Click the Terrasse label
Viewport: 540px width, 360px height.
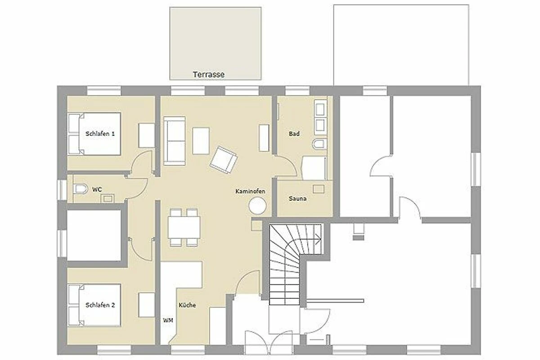pos(208,75)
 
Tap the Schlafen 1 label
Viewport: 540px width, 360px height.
pos(100,134)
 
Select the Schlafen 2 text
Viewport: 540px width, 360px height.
pos(100,305)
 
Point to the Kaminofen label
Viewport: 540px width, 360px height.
pos(250,191)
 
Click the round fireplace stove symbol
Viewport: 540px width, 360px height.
pos(257,206)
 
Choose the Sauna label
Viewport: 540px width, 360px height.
pos(298,199)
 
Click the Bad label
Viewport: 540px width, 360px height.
pos(294,134)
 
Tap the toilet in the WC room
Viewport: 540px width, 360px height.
pos(80,189)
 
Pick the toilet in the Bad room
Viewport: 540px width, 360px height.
pos(319,144)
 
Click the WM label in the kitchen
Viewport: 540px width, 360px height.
pos(168,320)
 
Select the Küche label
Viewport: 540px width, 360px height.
pos(187,305)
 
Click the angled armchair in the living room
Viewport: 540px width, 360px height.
pos(224,160)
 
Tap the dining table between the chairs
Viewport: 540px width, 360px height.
pos(184,227)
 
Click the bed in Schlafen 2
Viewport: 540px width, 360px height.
pos(94,305)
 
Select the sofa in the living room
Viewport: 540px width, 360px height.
pos(175,141)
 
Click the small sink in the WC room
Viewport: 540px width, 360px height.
pos(108,198)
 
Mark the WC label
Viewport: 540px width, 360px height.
pos(97,189)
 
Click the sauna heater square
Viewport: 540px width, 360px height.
pos(319,189)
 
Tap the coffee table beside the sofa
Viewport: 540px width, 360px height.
pos(201,141)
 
